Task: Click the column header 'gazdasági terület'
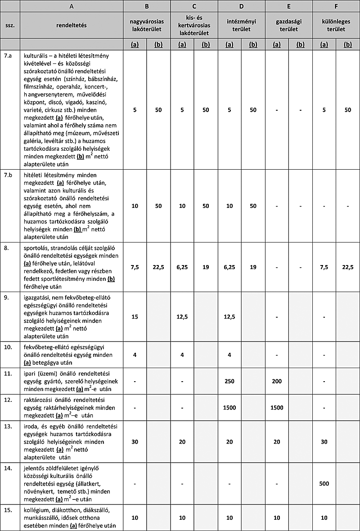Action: coord(288,25)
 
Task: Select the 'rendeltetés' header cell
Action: coord(72,25)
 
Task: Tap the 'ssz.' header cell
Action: coord(10,26)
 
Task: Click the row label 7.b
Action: coord(9,175)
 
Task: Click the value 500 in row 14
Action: coord(324,484)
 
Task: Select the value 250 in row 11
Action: coord(229,381)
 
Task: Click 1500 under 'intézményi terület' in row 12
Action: coord(229,407)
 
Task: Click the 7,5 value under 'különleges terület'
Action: coord(324,267)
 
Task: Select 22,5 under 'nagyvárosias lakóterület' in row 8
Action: coord(158,267)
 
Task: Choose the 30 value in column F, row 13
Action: coord(324,442)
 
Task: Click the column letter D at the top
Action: coord(242,6)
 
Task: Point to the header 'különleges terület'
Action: coord(336,25)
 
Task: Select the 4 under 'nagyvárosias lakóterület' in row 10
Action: coord(135,355)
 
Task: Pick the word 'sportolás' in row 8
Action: coord(36,248)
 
